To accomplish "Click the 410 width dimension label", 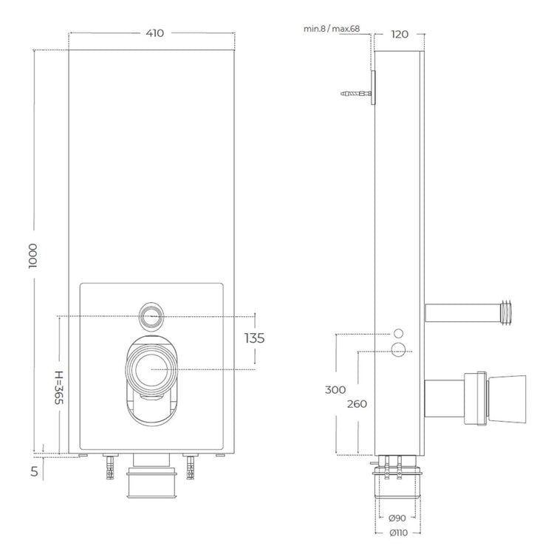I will point(154,33).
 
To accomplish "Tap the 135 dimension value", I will point(253,338).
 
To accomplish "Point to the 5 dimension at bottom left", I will point(34,470).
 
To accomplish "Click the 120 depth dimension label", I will point(400,33).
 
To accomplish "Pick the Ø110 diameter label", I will point(399,532).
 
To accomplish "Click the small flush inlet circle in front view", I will point(151,317).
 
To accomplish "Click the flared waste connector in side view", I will point(505,399).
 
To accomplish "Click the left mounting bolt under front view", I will point(111,466).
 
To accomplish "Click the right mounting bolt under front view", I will point(192,466).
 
